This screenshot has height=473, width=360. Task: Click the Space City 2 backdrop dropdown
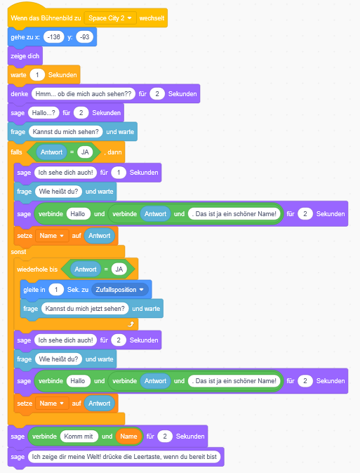pyautogui.click(x=110, y=18)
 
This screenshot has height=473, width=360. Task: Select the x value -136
pyautogui.click(x=54, y=36)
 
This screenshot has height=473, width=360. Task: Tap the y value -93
pyautogui.click(x=85, y=36)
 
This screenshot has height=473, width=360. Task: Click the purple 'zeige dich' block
pyautogui.click(x=25, y=56)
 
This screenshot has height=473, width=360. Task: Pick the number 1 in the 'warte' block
pyautogui.click(x=37, y=75)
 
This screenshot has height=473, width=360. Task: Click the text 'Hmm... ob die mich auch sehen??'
pyautogui.click(x=84, y=94)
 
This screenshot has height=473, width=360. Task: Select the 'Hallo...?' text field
pyautogui.click(x=44, y=113)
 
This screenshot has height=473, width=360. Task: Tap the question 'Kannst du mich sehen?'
pyautogui.click(x=65, y=131)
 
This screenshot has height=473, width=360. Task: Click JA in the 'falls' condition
pyautogui.click(x=85, y=152)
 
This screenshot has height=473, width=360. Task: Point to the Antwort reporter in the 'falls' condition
pyautogui.click(x=52, y=152)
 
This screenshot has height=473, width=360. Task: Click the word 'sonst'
pyautogui.click(x=18, y=252)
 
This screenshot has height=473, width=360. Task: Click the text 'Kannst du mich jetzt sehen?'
pyautogui.click(x=85, y=309)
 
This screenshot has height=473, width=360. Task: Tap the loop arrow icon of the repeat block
pyautogui.click(x=131, y=324)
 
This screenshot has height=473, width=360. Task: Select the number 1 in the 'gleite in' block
pyautogui.click(x=56, y=290)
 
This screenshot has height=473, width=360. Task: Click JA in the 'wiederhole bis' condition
pyautogui.click(x=119, y=269)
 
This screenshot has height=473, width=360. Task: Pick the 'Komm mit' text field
pyautogui.click(x=79, y=437)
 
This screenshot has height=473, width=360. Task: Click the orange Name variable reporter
pyautogui.click(x=128, y=437)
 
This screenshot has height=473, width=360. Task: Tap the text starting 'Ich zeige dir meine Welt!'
pyautogui.click(x=124, y=457)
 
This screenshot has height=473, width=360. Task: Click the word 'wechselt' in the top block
pyautogui.click(x=152, y=18)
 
